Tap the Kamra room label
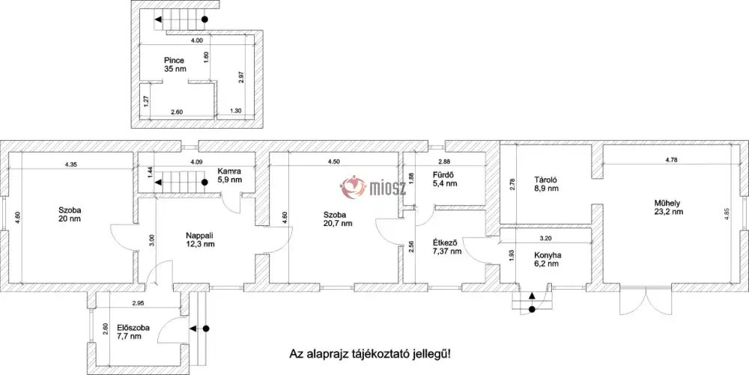229,171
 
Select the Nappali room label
199,235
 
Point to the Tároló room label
546,180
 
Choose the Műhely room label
667,204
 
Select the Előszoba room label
133,328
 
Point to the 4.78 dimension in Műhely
671,160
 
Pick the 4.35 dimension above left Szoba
70,165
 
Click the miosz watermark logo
373,187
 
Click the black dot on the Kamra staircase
204,182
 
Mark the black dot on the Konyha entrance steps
532,310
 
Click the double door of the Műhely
646,301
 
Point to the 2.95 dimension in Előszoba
139,303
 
